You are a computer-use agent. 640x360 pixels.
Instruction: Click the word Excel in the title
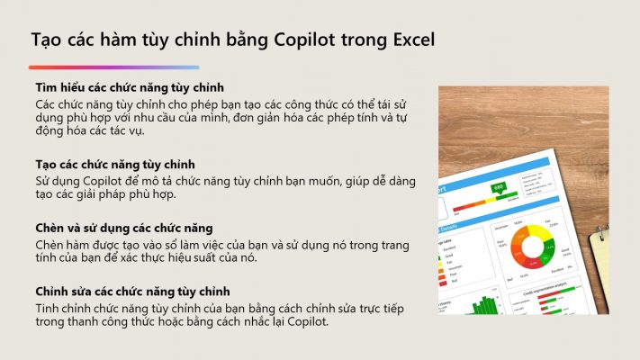[x=413, y=40]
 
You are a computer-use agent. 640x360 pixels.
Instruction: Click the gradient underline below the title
[x=114, y=67]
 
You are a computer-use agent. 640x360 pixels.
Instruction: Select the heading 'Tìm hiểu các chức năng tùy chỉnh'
[x=130, y=87]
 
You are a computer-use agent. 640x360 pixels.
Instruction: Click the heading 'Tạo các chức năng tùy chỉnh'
[x=114, y=165]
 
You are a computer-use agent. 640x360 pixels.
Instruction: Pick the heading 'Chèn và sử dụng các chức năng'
[x=123, y=228]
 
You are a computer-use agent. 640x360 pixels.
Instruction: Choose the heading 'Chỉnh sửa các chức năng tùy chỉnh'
[x=132, y=292]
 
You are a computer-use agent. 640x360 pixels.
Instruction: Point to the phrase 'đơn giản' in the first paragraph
[x=258, y=118]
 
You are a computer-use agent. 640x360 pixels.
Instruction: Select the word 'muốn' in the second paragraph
[x=324, y=181]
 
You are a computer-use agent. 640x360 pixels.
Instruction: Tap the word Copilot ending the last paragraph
[x=307, y=322]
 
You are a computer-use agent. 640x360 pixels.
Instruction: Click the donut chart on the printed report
[x=533, y=246]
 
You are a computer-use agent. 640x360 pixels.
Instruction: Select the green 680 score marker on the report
[x=499, y=188]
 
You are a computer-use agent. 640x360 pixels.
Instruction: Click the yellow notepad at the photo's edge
[x=599, y=265]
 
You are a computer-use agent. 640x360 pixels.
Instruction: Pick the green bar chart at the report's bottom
[x=485, y=305]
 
